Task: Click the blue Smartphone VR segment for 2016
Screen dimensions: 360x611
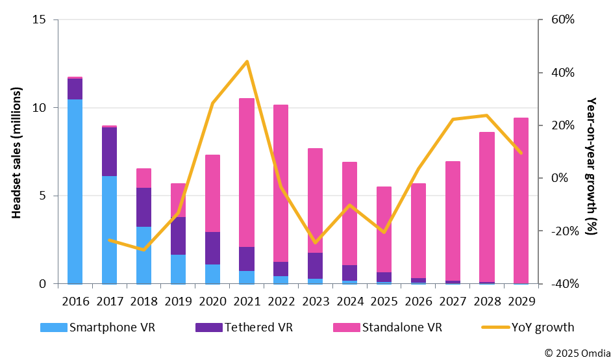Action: [75, 192]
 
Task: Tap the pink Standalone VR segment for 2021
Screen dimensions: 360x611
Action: [247, 172]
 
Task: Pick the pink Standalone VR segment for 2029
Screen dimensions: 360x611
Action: [521, 200]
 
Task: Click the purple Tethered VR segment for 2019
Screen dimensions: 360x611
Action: [178, 236]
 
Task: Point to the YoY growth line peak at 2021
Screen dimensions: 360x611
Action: [247, 62]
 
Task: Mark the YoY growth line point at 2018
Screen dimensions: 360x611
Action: [144, 250]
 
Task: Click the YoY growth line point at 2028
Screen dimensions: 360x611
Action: [486, 116]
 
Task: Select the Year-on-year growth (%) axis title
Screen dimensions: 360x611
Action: [592, 166]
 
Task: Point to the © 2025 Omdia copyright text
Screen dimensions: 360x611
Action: [573, 353]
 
